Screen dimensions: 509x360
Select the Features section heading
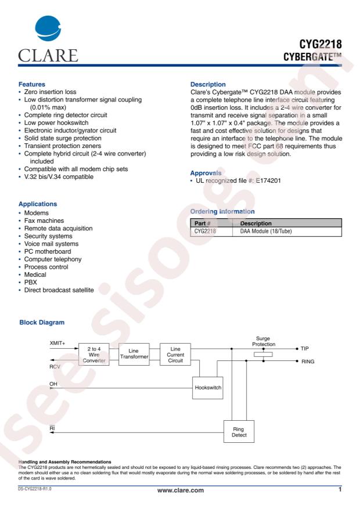point(27,84)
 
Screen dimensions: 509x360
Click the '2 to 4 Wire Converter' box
point(94,355)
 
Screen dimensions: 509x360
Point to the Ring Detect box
point(239,431)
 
